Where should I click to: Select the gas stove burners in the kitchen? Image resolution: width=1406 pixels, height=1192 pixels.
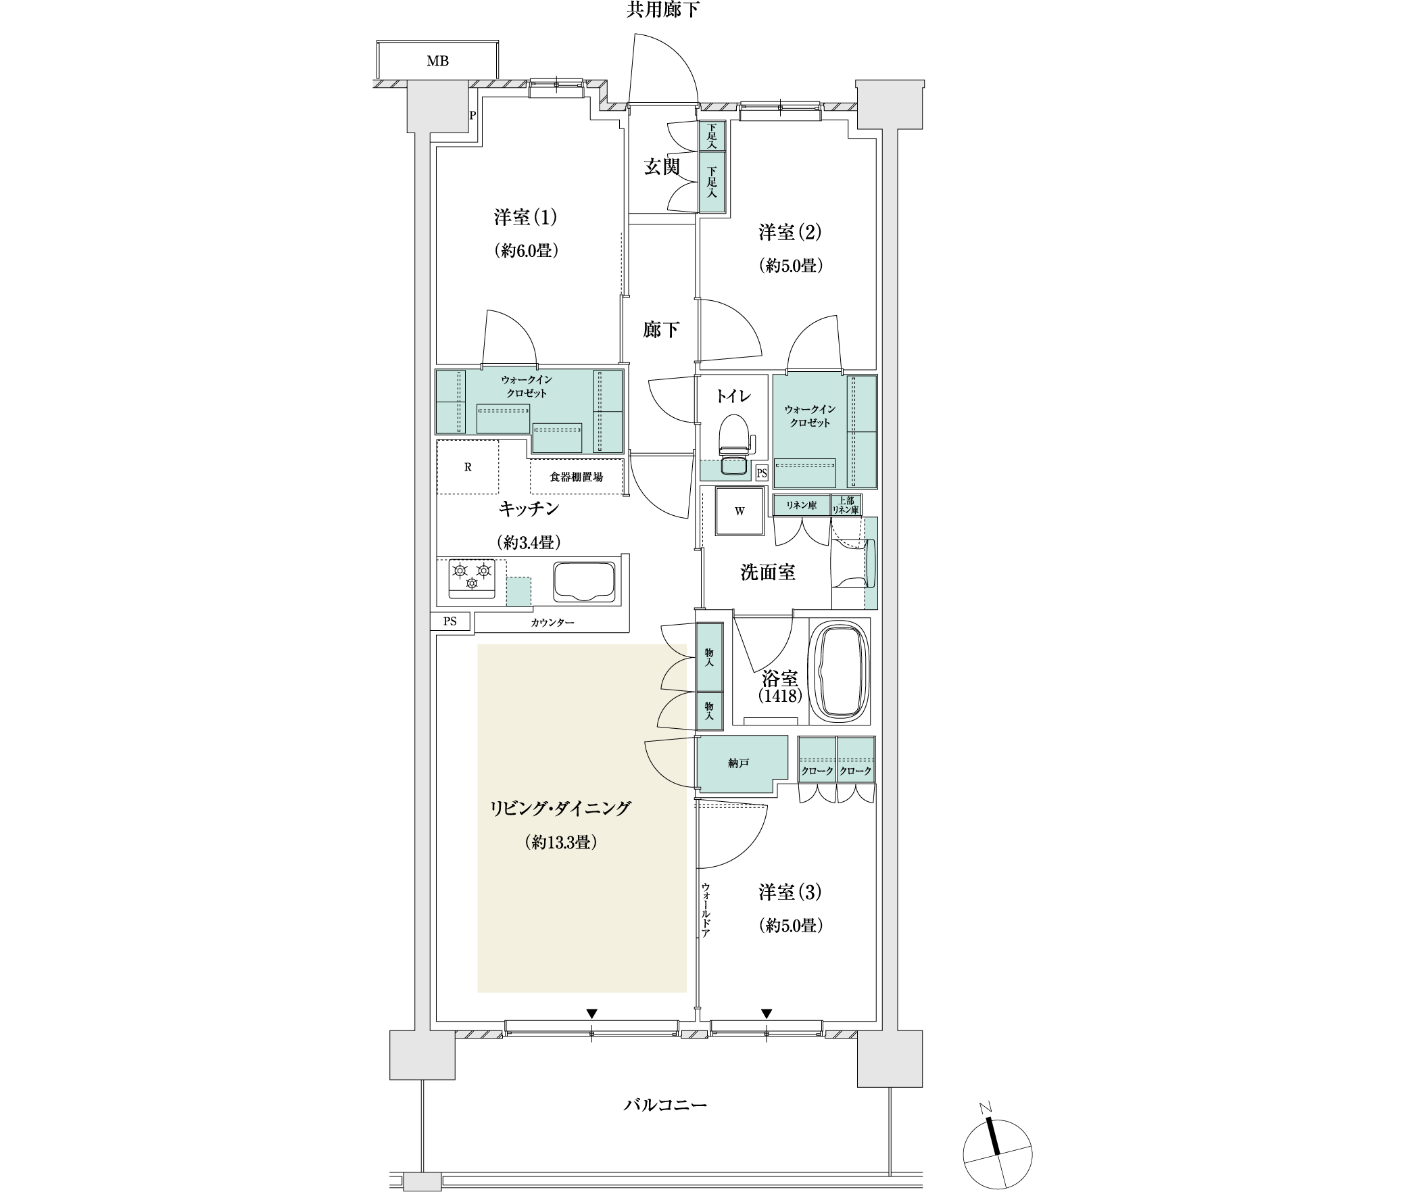click(471, 578)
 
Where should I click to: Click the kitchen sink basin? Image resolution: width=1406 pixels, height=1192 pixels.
click(585, 581)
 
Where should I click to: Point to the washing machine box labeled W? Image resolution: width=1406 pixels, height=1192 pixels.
click(740, 511)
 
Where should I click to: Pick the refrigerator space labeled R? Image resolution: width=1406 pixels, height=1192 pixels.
click(468, 467)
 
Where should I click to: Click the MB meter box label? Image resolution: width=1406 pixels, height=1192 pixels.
click(437, 62)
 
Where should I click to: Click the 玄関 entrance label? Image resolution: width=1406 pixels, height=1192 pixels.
click(661, 166)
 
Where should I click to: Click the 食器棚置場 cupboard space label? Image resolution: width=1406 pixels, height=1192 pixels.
click(576, 477)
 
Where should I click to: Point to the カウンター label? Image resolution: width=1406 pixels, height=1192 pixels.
click(552, 622)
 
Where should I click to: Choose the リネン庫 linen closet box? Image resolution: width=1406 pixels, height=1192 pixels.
click(802, 505)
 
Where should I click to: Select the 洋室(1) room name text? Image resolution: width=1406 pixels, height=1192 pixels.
click(525, 218)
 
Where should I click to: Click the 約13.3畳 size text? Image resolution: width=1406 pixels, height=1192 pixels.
click(560, 842)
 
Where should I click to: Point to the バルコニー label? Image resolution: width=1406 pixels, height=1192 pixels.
click(665, 1105)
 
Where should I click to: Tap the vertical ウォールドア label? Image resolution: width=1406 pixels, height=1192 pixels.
click(705, 909)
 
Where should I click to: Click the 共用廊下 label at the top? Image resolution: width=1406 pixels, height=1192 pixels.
click(662, 10)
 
